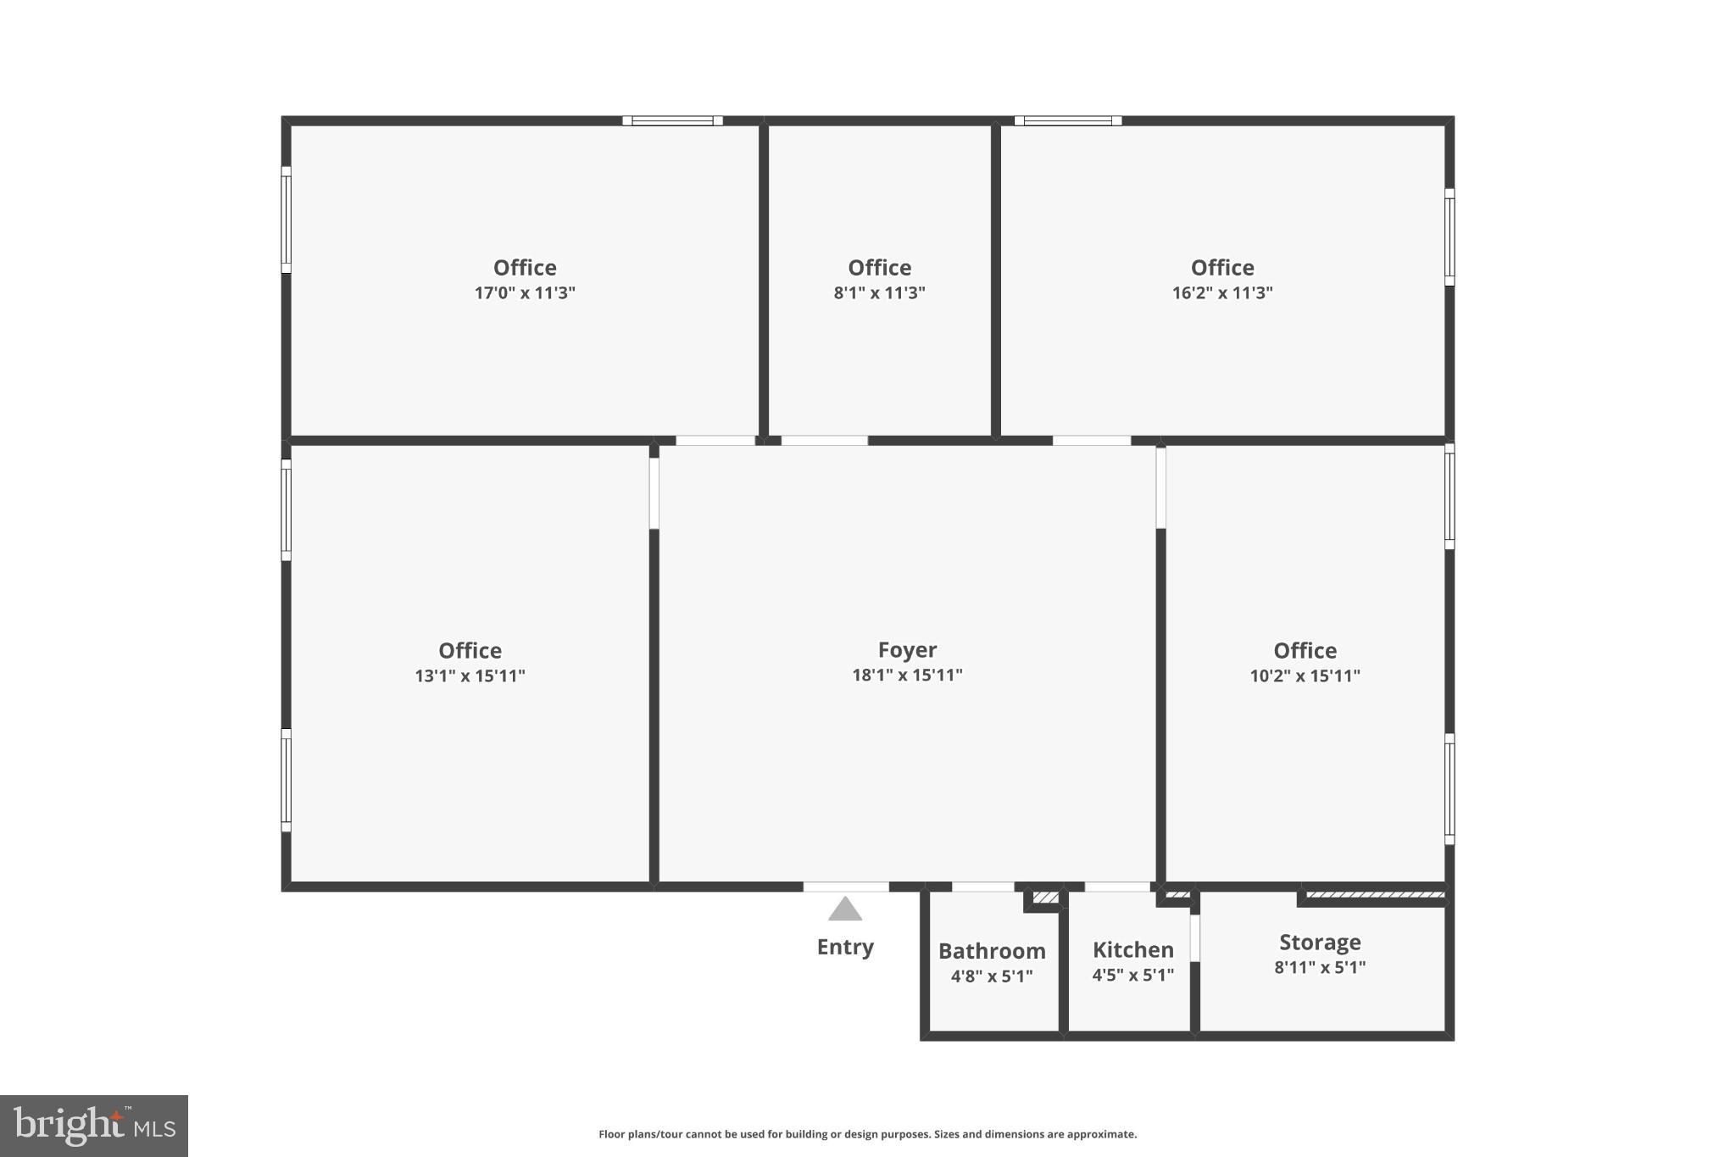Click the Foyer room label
pyautogui.click(x=907, y=650)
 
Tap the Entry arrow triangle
pyautogui.click(x=845, y=909)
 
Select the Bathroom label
pyautogui.click(x=992, y=951)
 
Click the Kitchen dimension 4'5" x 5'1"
pyautogui.click(x=1132, y=975)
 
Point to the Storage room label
pyautogui.click(x=1320, y=942)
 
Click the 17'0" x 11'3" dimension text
pyautogui.click(x=525, y=293)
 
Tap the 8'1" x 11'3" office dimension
pyautogui.click(x=879, y=293)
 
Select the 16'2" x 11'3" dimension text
pyautogui.click(x=1222, y=293)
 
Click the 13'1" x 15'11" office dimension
pyautogui.click(x=470, y=676)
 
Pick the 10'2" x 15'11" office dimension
pyautogui.click(x=1305, y=676)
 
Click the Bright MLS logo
pyautogui.click(x=94, y=1126)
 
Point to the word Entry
pyautogui.click(x=845, y=947)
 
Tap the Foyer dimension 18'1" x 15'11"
pyautogui.click(x=907, y=676)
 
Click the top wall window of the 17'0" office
pyautogui.click(x=672, y=120)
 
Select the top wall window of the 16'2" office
pyautogui.click(x=1068, y=120)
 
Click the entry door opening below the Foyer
pyautogui.click(x=846, y=887)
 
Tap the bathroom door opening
pyautogui.click(x=982, y=887)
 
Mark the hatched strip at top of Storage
pyautogui.click(x=1376, y=894)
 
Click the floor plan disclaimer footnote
pyautogui.click(x=867, y=1134)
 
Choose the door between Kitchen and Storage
pyautogui.click(x=1195, y=938)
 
